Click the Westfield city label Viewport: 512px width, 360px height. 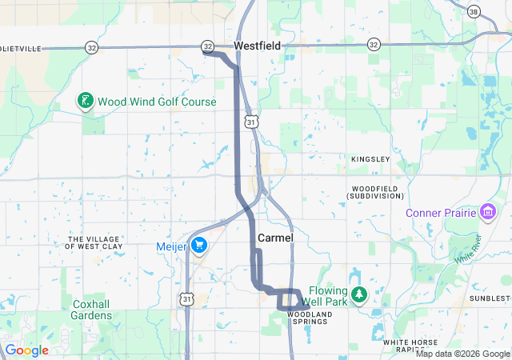tap(257, 46)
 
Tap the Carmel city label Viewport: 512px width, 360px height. tap(276, 238)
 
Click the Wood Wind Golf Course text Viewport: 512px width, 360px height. tap(157, 102)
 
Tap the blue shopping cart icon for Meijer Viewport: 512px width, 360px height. tap(198, 246)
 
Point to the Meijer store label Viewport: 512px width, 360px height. tap(171, 246)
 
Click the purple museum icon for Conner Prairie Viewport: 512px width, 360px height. tap(488, 212)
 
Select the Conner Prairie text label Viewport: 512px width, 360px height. tap(441, 213)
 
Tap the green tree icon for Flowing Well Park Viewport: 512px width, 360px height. tap(359, 294)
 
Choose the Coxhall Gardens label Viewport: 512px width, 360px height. tap(92, 310)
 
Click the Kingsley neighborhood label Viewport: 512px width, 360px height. tap(370, 160)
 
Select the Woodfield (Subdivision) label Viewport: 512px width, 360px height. tap(371, 193)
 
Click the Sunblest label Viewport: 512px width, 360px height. tap(490, 298)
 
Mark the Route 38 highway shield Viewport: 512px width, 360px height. tap(474, 12)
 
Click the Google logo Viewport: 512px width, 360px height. tap(26, 350)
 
